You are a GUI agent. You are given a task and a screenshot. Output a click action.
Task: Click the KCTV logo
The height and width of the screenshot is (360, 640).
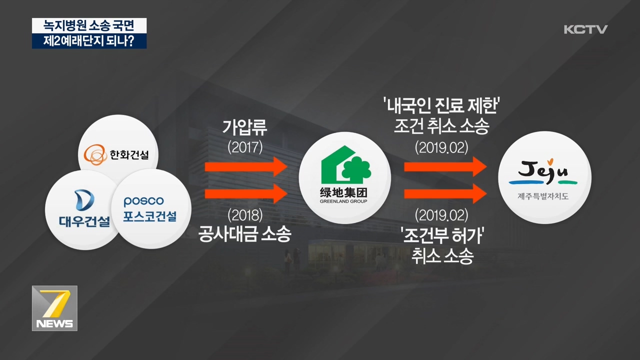(585, 29)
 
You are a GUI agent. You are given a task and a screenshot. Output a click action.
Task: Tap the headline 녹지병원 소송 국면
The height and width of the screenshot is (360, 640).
(89, 25)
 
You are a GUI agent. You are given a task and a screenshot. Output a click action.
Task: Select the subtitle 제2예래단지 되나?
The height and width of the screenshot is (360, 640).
(89, 41)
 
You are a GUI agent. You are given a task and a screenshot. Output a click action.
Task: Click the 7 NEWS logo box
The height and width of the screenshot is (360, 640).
(54, 308)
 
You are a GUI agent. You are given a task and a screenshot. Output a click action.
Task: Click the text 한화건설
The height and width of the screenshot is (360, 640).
(129, 155)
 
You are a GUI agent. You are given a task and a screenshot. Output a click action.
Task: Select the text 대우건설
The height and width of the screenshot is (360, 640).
(84, 221)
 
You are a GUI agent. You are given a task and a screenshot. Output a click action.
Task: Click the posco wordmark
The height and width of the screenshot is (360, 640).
(143, 201)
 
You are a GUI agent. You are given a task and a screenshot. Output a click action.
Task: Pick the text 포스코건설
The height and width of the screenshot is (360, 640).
(149, 216)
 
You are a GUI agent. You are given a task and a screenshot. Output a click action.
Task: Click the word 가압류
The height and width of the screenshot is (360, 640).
(245, 127)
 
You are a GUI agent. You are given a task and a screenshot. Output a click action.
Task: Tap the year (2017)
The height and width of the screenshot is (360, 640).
(245, 147)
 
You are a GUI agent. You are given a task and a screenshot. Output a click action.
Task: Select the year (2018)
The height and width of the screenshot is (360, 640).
(245, 215)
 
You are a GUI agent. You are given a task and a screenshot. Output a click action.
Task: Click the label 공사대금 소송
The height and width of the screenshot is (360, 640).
(245, 234)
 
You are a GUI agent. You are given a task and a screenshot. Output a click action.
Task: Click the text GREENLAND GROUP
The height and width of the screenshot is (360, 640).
(343, 201)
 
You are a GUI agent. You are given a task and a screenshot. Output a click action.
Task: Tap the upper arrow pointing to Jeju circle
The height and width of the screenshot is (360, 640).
(445, 166)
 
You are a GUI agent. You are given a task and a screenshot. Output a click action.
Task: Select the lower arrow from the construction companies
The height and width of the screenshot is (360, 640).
(246, 194)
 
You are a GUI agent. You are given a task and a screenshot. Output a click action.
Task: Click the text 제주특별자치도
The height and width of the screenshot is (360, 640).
(543, 196)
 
